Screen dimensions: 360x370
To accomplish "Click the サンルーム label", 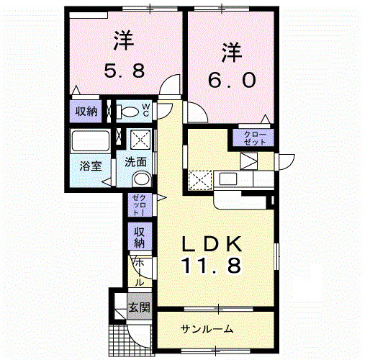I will tap(207, 329).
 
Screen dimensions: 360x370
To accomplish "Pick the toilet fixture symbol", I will tap(129, 112).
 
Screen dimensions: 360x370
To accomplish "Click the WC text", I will tap(145, 111).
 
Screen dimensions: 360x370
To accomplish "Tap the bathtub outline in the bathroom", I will tap(90, 140).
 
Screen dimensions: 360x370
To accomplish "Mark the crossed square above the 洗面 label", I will tap(139, 139).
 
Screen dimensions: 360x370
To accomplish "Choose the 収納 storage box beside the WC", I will tap(82, 112).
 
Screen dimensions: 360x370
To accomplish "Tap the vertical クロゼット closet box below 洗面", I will tap(138, 205).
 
